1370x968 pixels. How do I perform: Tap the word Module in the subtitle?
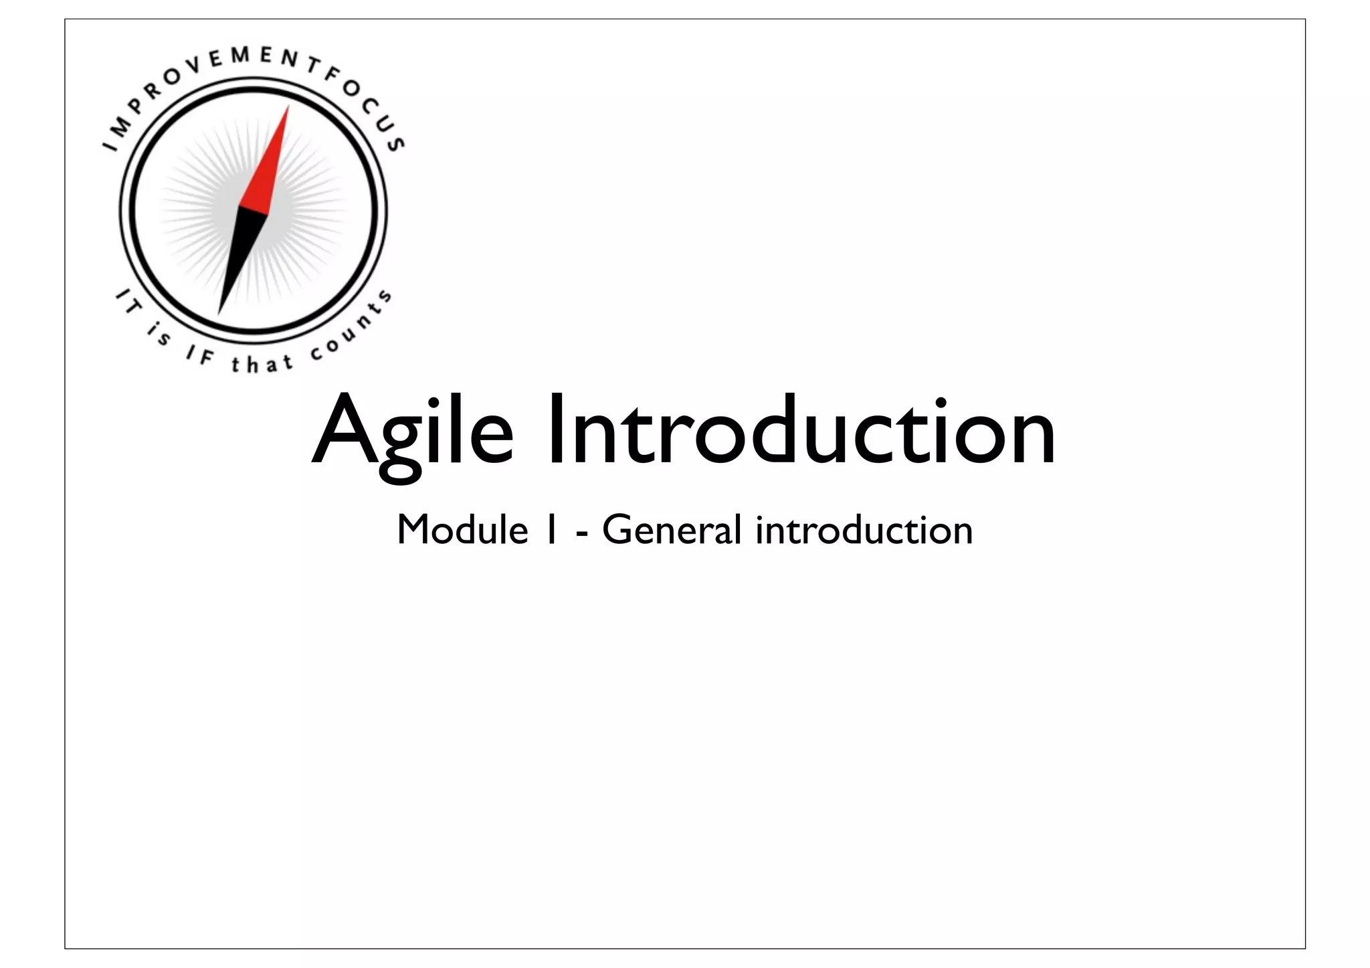pos(462,530)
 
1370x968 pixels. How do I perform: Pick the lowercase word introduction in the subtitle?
pos(864,530)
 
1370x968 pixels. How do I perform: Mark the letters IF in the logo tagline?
pos(199,357)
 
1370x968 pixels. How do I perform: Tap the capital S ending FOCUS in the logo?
pos(396,143)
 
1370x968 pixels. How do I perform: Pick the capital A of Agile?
pos(342,431)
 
